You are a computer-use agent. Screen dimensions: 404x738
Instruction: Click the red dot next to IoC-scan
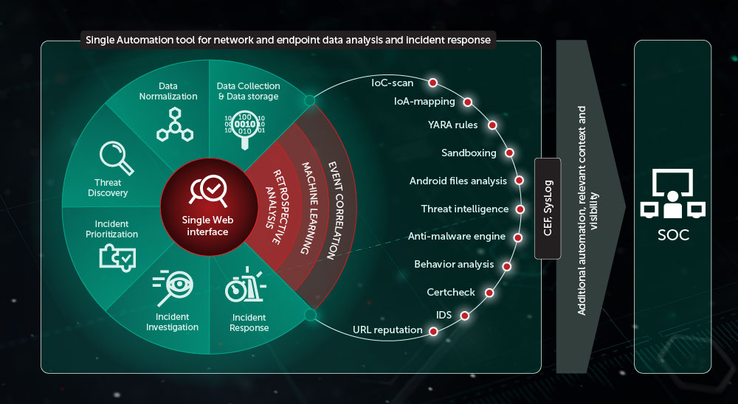(433, 83)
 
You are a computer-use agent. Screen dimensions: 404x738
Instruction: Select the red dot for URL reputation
(433, 331)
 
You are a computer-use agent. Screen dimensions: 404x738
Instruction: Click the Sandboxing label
(469, 153)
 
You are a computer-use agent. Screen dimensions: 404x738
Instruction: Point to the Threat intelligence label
(464, 209)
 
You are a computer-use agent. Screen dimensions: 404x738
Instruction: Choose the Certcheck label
(451, 292)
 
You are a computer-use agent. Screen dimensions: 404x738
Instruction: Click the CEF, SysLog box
(547, 208)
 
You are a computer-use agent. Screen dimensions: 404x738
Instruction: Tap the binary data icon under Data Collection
(247, 125)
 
